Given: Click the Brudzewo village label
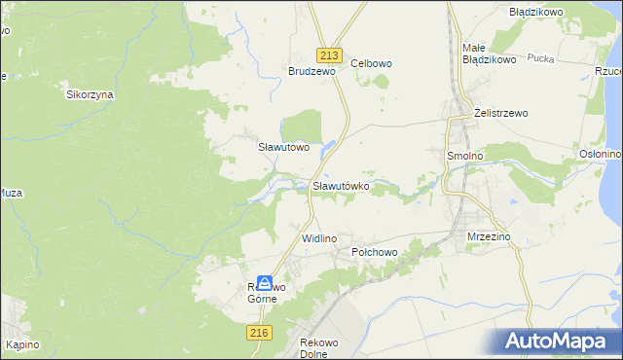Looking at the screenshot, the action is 311,71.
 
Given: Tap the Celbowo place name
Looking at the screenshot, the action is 371,63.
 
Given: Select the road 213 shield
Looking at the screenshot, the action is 326,55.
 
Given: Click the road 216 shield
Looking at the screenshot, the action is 257,333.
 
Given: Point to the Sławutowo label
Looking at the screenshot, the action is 283,148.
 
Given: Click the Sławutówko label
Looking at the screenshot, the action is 340,184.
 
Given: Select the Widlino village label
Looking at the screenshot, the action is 318,238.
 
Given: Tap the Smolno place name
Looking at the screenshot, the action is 464,155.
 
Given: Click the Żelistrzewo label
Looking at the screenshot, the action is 500,113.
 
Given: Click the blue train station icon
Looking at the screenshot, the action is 265,283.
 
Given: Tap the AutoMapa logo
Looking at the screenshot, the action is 559,340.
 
